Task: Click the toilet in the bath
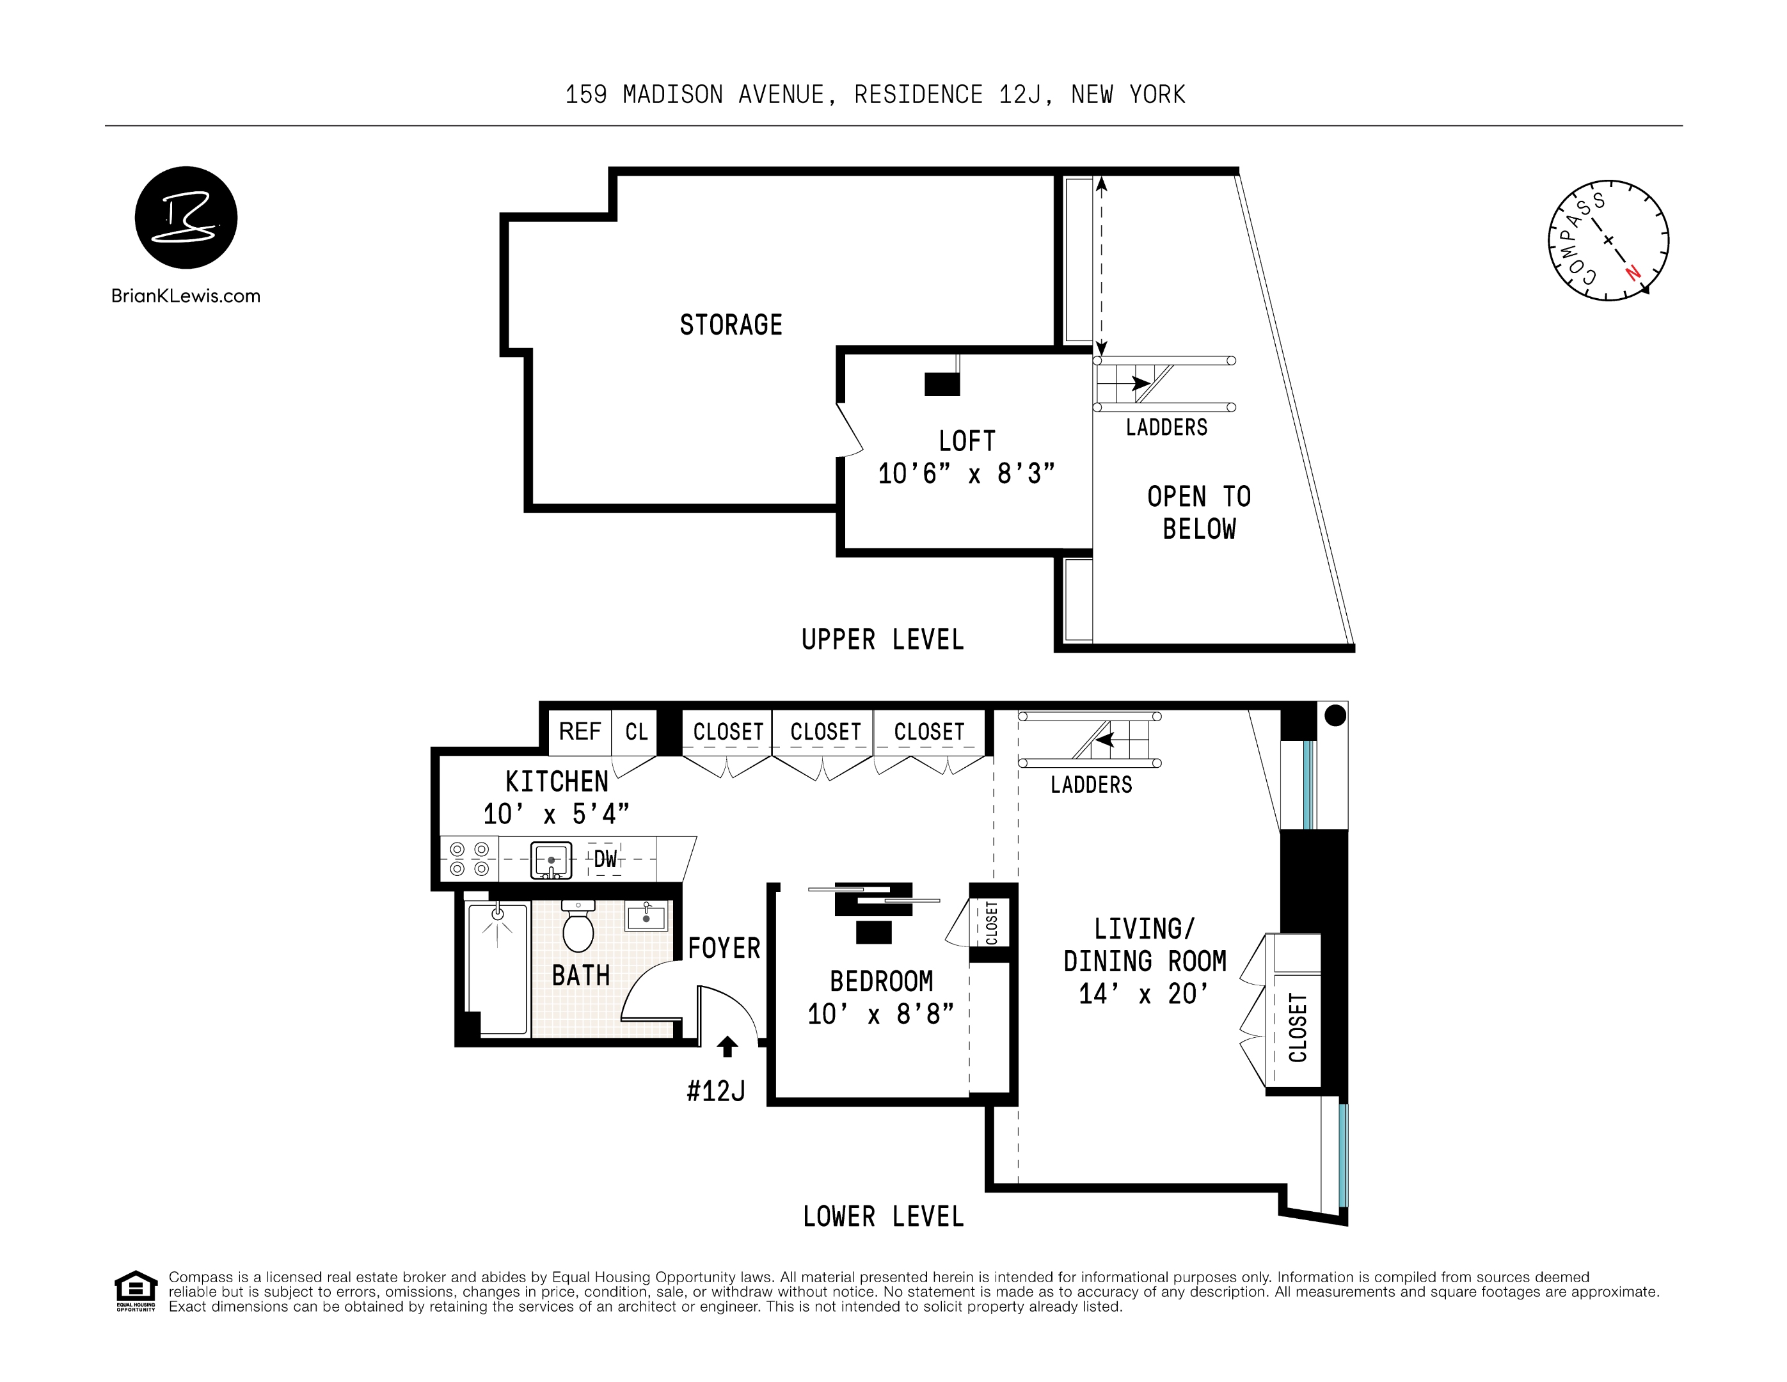click(x=578, y=929)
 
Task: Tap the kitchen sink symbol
click(x=552, y=860)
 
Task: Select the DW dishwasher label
click(x=605, y=859)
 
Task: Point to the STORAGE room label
click(x=731, y=325)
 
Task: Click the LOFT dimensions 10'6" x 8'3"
click(x=965, y=473)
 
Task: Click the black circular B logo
click(x=186, y=218)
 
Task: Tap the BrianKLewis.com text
click(x=186, y=296)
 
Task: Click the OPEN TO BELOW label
click(x=1199, y=513)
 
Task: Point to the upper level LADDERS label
click(x=1166, y=427)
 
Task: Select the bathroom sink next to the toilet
click(x=646, y=916)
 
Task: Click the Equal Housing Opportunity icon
click(x=135, y=1291)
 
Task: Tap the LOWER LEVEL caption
click(x=883, y=1217)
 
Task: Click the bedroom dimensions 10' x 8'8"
click(x=880, y=1015)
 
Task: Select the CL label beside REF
click(x=637, y=731)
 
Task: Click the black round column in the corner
click(x=1335, y=715)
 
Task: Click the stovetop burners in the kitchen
click(x=470, y=859)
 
